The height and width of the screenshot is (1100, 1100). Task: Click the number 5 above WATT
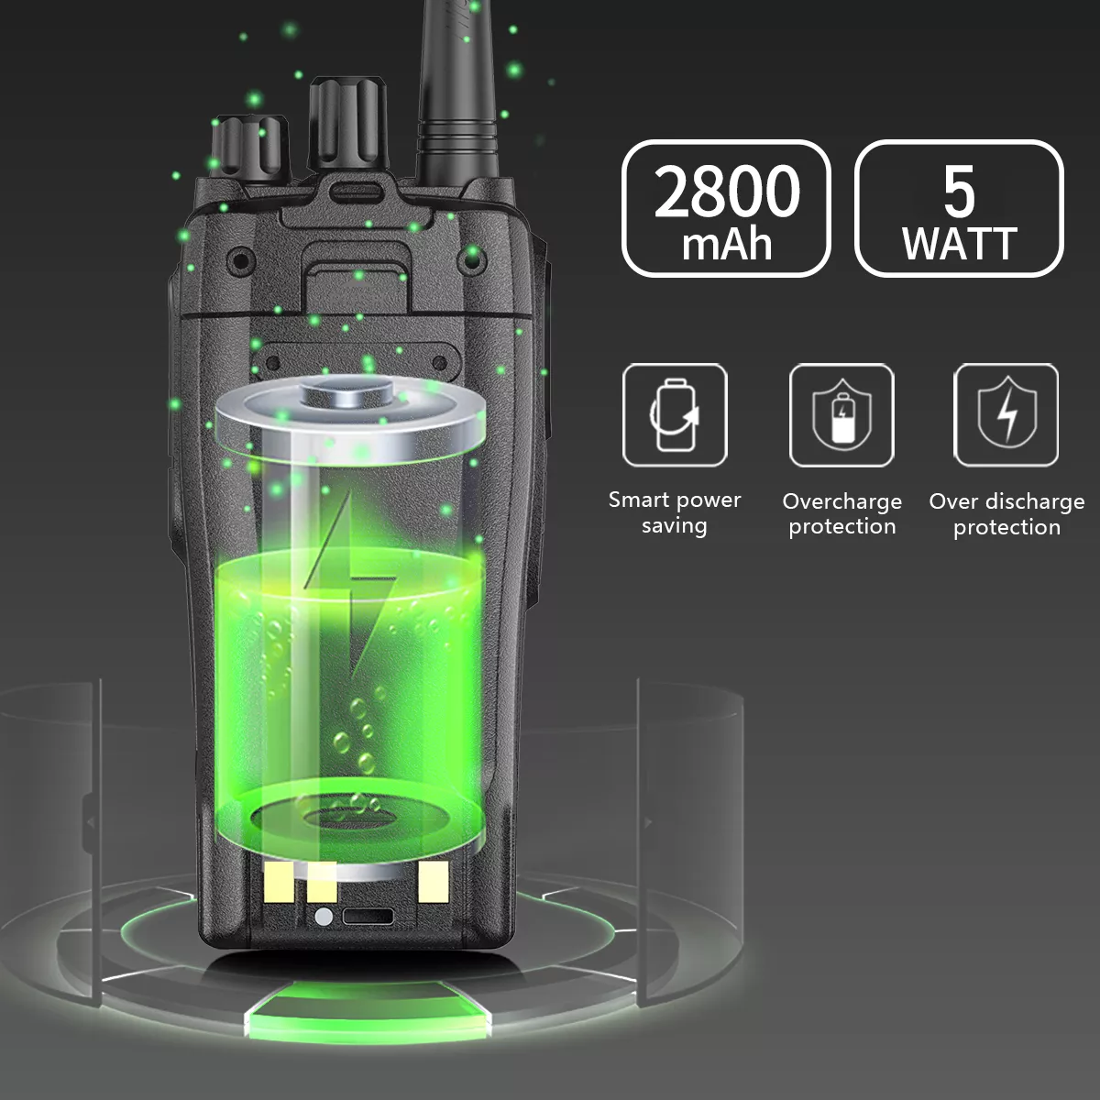(x=959, y=192)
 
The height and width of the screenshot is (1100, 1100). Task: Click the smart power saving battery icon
(x=674, y=415)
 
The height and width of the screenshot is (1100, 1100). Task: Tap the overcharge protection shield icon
(x=842, y=417)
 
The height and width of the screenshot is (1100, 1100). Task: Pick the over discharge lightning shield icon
(x=1007, y=413)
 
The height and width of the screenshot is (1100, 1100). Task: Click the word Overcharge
(x=842, y=501)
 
